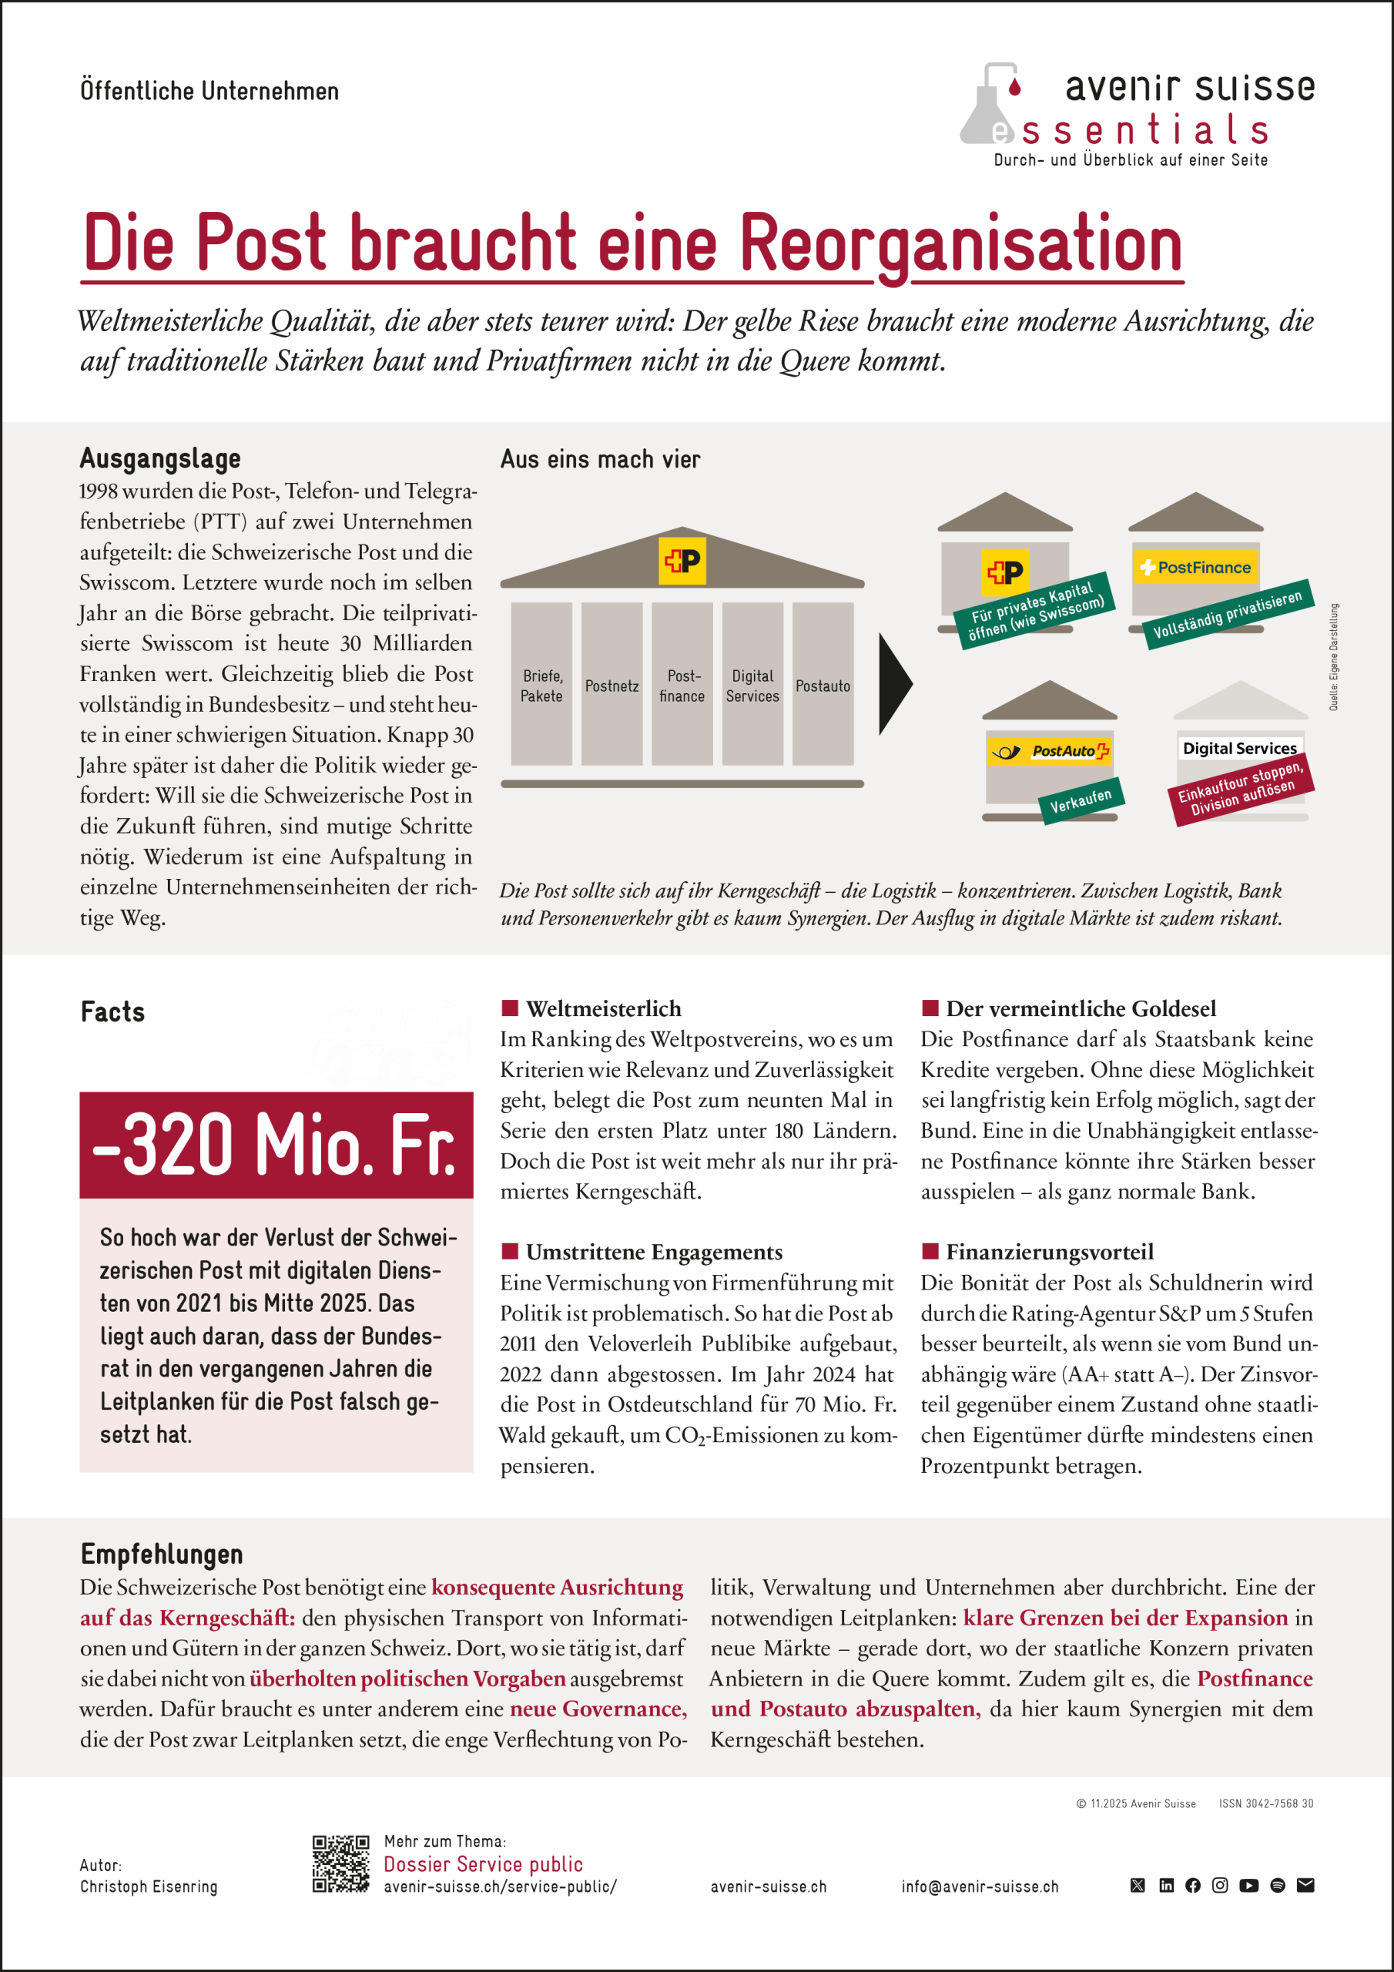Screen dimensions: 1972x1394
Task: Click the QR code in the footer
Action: click(340, 1864)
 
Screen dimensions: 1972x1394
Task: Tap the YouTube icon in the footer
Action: click(1249, 1885)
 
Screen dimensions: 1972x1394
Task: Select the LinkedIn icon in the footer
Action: click(1165, 1885)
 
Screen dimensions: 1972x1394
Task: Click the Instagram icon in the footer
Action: click(1220, 1885)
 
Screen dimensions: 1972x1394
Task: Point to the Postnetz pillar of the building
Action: click(612, 684)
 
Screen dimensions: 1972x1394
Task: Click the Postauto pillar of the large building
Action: click(822, 684)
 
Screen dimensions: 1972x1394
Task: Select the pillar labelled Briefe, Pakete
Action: click(541, 684)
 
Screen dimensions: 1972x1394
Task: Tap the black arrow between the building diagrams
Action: click(894, 684)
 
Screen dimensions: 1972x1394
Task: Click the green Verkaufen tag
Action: click(1081, 800)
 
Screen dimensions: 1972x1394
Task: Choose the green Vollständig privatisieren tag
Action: click(1228, 614)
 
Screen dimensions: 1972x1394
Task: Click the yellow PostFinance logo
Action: click(1195, 568)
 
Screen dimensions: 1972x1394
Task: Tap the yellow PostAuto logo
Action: click(1049, 750)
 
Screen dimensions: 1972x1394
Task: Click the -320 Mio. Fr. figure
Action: click(276, 1145)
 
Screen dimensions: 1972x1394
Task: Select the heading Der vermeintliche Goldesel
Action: click(1081, 1008)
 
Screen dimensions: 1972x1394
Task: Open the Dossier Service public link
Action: click(483, 1864)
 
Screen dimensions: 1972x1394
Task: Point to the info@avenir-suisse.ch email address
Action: click(979, 1886)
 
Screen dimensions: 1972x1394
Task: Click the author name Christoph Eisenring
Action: click(149, 1886)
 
